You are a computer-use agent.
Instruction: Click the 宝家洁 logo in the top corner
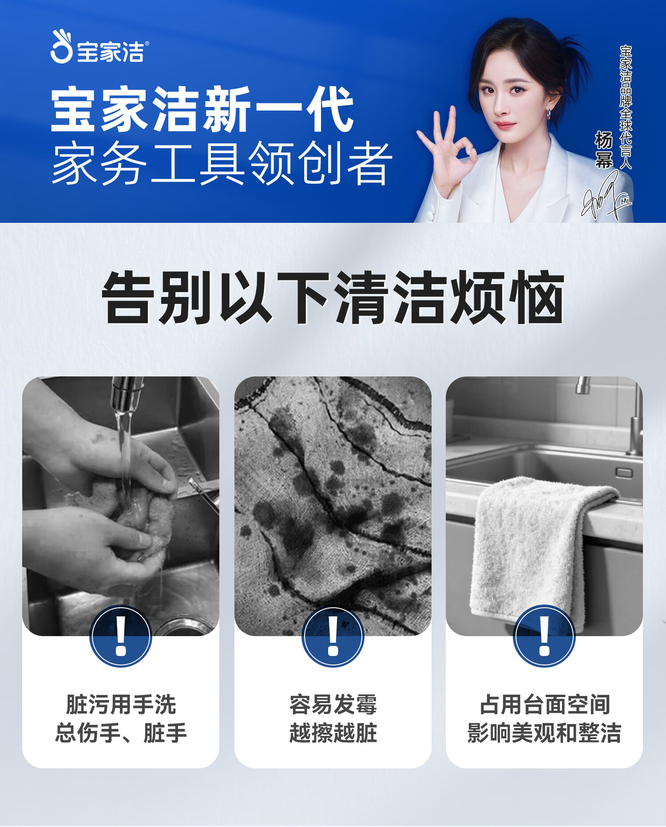[99, 47]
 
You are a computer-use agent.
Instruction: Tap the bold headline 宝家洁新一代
[202, 110]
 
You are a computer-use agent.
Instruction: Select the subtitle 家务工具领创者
[222, 163]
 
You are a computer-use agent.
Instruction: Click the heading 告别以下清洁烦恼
[333, 297]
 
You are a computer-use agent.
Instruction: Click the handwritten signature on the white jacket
[607, 196]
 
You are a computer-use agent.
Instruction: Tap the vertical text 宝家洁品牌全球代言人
[626, 107]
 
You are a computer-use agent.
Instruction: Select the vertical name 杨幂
[604, 150]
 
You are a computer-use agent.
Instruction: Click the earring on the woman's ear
[549, 114]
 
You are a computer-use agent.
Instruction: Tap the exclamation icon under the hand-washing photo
[121, 636]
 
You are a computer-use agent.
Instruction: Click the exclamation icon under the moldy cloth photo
[333, 636]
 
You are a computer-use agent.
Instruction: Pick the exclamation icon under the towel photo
[544, 636]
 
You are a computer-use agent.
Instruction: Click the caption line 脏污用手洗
[121, 704]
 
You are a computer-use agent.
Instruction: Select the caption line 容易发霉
[333, 704]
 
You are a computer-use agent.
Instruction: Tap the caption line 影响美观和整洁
[544, 732]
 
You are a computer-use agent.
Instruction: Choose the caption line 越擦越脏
[333, 732]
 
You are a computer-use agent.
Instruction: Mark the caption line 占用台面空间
[544, 704]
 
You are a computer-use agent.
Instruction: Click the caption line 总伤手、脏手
[121, 732]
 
